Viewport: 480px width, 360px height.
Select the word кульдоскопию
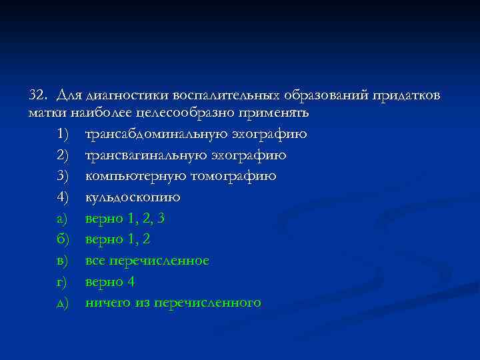pos(133,198)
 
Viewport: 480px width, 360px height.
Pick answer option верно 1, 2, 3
pos(125,219)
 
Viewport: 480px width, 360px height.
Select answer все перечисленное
pos(147,261)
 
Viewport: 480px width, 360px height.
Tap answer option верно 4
pos(110,282)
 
